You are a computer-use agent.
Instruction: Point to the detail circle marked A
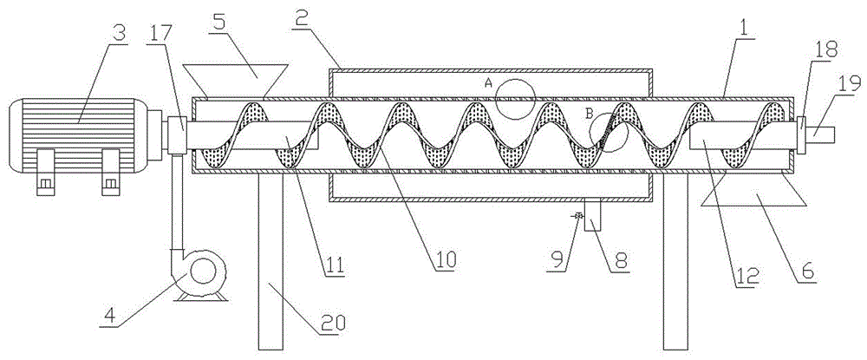tap(511, 97)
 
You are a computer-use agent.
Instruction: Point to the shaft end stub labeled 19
tap(822, 134)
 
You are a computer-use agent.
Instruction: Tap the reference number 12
tap(747, 278)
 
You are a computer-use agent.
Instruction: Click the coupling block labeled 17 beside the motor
tap(176, 135)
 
